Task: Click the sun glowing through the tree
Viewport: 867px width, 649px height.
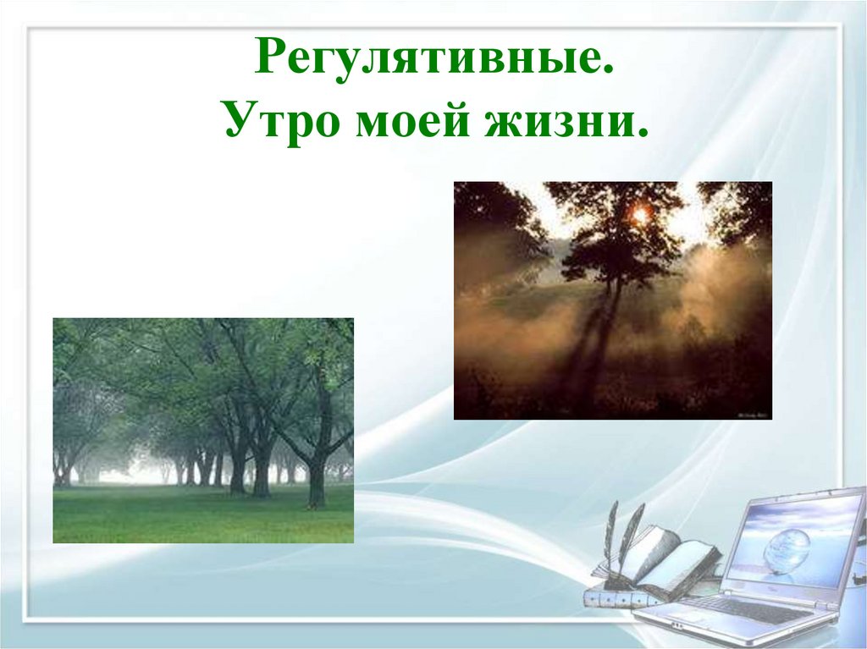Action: click(x=640, y=216)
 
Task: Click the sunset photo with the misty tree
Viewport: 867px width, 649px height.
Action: click(x=612, y=300)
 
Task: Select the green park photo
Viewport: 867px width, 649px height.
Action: click(x=203, y=430)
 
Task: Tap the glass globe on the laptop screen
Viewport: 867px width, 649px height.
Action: click(x=786, y=550)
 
